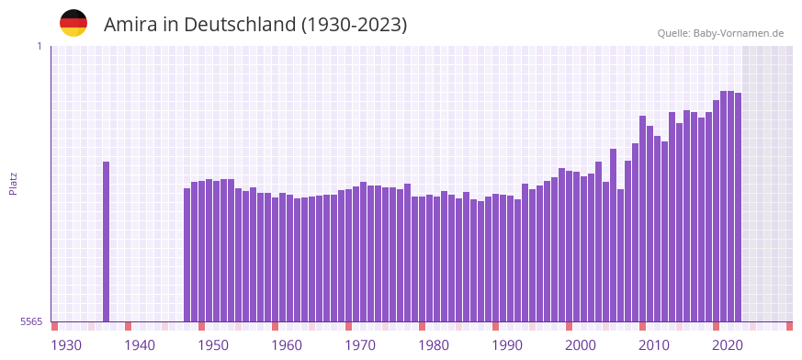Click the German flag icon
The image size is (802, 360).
73,23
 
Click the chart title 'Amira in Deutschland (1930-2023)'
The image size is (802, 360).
255,24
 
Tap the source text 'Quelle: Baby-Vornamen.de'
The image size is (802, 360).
720,34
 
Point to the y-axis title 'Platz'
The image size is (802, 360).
13,184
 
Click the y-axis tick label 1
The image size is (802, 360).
40,46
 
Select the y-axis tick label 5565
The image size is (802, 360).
31,321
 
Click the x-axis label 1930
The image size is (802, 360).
66,345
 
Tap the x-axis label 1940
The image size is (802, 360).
140,345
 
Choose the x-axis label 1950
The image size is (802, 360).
213,345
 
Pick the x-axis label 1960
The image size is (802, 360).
287,345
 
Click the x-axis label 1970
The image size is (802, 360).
360,345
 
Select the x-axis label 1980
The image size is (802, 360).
434,345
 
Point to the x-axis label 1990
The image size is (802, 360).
507,345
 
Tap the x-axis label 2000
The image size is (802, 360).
581,345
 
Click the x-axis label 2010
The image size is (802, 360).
654,345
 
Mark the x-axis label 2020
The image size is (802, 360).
728,345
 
